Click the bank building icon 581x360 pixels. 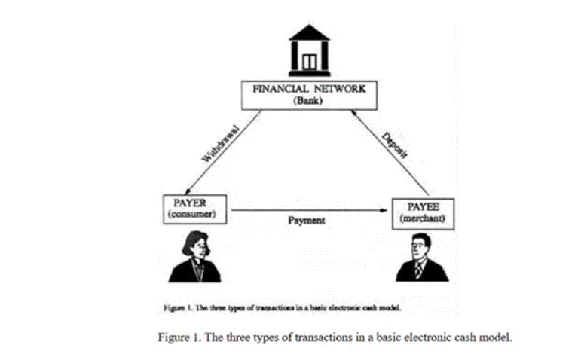[309, 48]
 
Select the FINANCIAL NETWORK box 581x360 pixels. [309, 95]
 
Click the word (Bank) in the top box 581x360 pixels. [309, 102]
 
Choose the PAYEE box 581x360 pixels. [427, 212]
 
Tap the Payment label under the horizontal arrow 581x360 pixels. [306, 221]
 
